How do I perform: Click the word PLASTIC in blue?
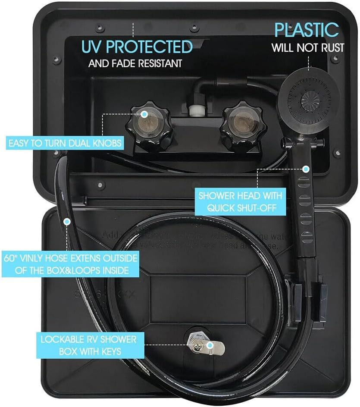tap(307, 30)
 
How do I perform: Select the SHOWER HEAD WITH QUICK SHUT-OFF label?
tap(240, 201)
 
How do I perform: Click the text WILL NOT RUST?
tap(308, 47)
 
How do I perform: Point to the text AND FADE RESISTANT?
tap(135, 64)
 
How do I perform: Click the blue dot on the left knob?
tap(145, 114)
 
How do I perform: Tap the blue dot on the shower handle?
tap(306, 169)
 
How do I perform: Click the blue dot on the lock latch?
tap(210, 345)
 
